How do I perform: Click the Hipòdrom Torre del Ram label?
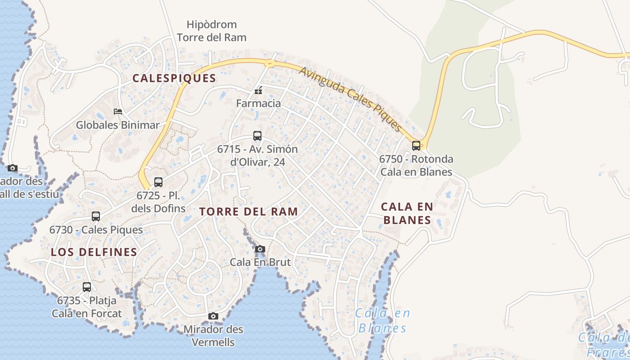211,31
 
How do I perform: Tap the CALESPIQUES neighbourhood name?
174,78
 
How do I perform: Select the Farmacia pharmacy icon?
258,91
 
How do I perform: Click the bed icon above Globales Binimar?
118,112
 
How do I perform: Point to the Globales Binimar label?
117,125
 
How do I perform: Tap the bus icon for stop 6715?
257,135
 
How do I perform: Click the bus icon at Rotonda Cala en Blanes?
416,145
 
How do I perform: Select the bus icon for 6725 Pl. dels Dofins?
158,182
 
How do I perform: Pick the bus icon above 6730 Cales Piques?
96,216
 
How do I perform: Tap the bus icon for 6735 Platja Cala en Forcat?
87,287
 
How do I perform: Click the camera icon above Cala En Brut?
260,249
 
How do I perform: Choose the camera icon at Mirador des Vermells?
213,316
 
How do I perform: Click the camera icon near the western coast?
13,168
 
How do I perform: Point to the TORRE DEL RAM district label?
248,211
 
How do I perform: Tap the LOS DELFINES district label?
94,252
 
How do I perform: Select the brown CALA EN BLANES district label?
407,213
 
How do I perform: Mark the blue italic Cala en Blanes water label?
382,320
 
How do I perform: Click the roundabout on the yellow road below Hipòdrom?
270,63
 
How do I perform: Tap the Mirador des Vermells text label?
213,336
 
